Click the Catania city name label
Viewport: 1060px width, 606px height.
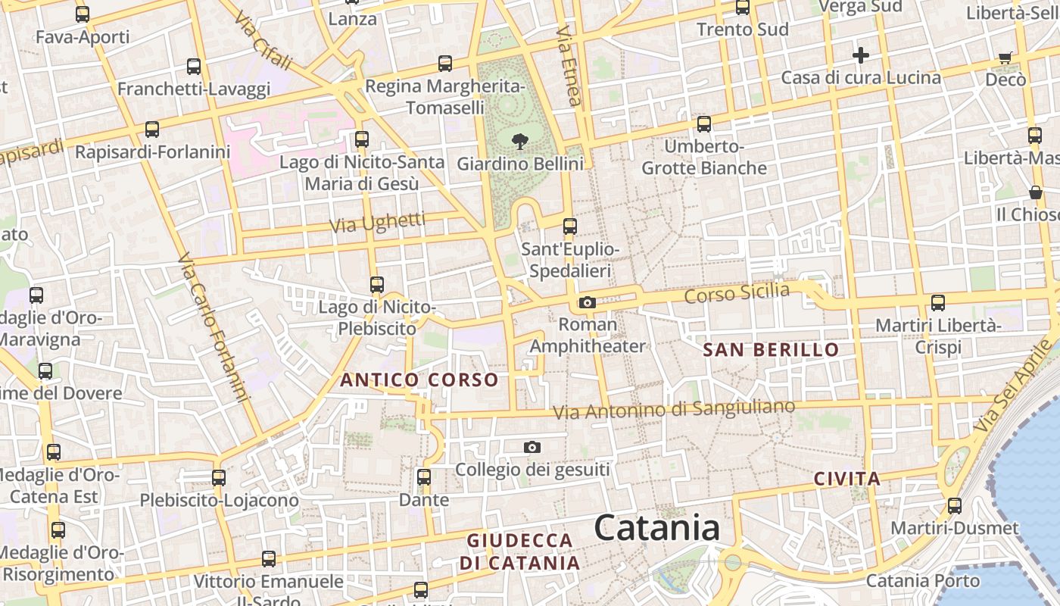pyautogui.click(x=656, y=527)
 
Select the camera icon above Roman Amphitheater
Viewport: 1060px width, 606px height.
pyautogui.click(x=587, y=303)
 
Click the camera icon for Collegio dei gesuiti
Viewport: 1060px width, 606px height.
pyautogui.click(x=532, y=448)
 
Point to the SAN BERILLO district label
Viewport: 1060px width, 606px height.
pyautogui.click(x=771, y=349)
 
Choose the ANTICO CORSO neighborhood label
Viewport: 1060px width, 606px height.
pyautogui.click(x=419, y=380)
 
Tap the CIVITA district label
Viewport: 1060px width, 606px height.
pyautogui.click(x=847, y=479)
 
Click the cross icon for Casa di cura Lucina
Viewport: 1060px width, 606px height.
pyautogui.click(x=860, y=55)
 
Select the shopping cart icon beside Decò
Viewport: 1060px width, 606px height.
pyautogui.click(x=1005, y=58)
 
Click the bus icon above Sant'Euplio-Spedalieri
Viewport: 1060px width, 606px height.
pyautogui.click(x=570, y=226)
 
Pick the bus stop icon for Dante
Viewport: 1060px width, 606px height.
pyautogui.click(x=424, y=477)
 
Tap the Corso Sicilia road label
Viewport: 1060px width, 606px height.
pyautogui.click(x=737, y=292)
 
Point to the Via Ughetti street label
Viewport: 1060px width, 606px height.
pyautogui.click(x=378, y=223)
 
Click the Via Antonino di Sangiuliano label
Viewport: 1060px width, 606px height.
pyautogui.click(x=674, y=410)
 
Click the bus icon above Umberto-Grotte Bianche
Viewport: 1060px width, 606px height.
pyautogui.click(x=704, y=124)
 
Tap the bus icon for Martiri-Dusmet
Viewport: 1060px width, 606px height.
pyautogui.click(x=955, y=505)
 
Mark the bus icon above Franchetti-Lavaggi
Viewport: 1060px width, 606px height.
pyautogui.click(x=194, y=67)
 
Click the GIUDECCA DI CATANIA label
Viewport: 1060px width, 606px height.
pyautogui.click(x=520, y=551)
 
